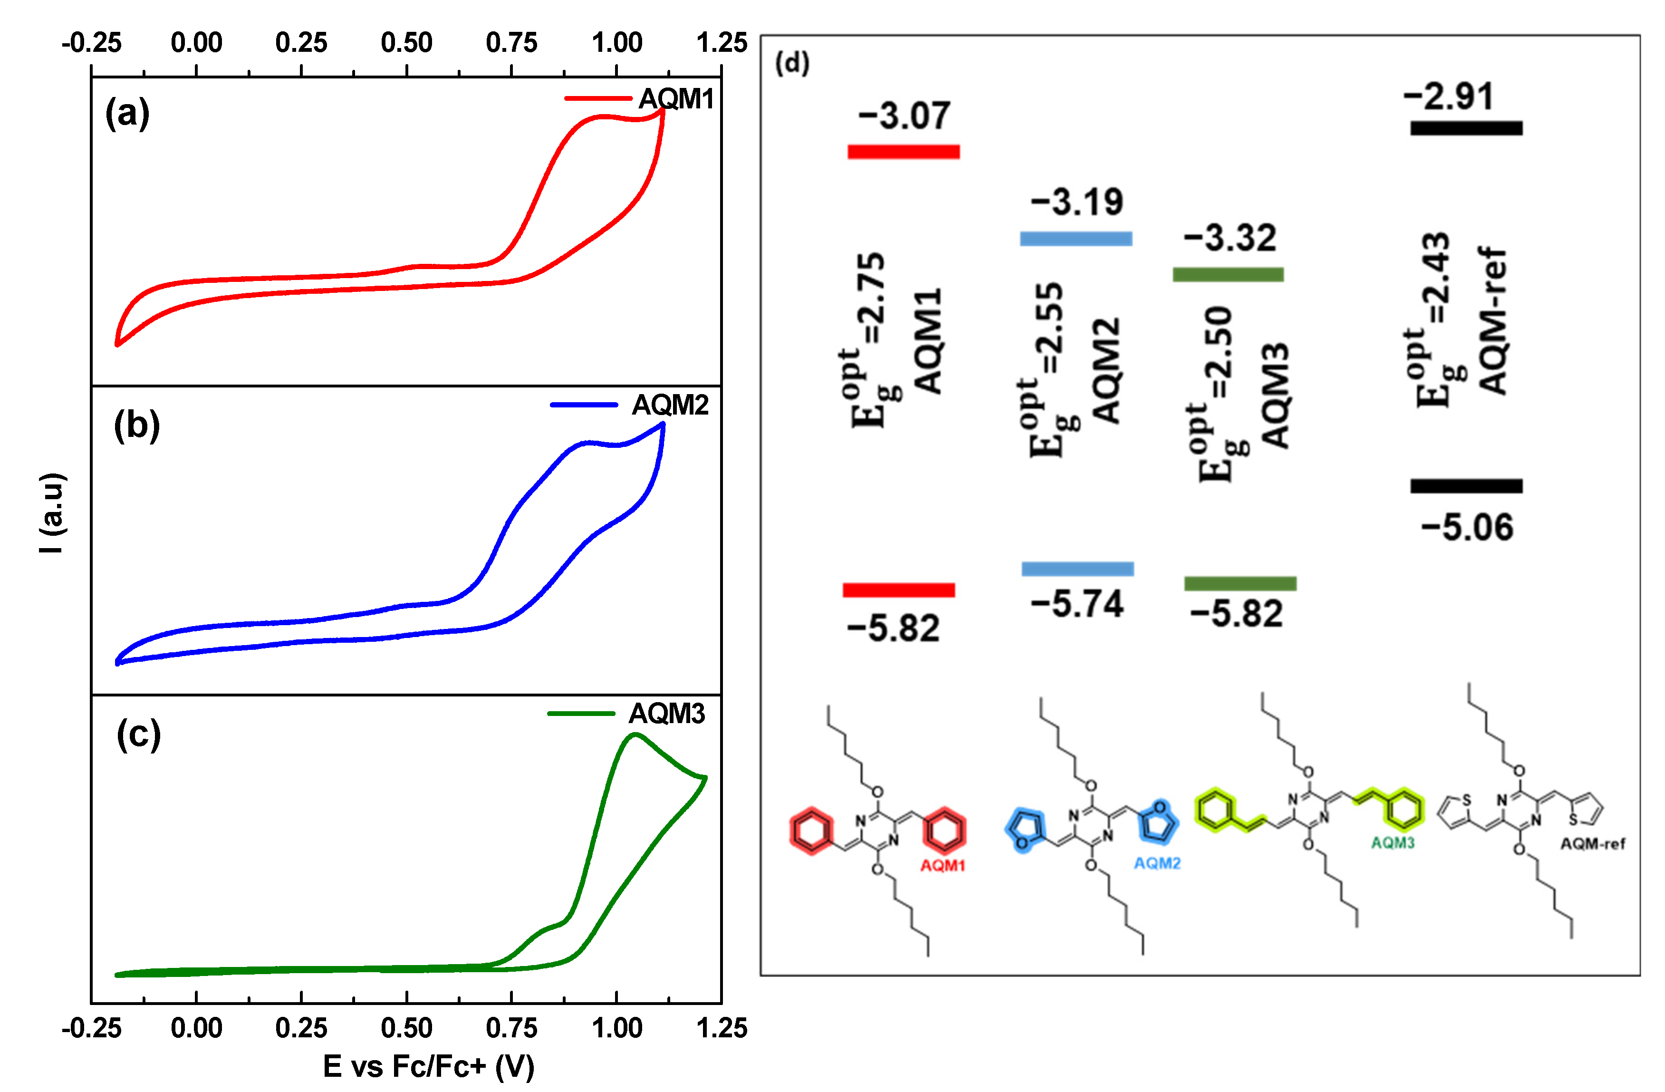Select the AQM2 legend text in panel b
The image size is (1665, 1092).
pos(670,405)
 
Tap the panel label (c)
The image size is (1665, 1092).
pos(138,735)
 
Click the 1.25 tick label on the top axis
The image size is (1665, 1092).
pos(721,43)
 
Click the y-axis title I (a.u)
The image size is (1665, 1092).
pos(52,513)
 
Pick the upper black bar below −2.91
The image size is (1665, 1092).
pos(1466,128)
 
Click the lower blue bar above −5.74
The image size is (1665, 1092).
pos(1078,569)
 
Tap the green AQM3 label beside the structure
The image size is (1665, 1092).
pos(1392,843)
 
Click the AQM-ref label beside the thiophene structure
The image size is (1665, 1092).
pos(1592,844)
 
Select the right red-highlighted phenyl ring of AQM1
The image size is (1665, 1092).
pos(944,831)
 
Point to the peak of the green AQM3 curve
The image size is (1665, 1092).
pos(635,734)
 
